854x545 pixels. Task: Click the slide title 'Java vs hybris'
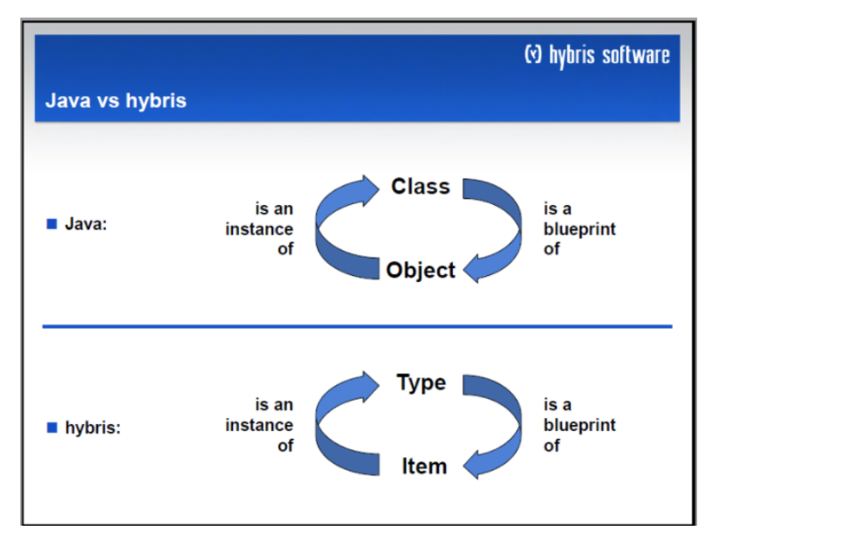[x=116, y=101]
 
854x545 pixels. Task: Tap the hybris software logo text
[x=609, y=56]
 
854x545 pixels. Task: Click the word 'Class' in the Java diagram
[x=420, y=187]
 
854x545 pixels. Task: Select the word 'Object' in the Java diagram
[x=420, y=271]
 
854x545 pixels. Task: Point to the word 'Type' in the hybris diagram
[x=421, y=383]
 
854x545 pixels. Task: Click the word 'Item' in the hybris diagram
[x=424, y=467]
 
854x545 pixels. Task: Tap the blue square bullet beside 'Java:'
[x=52, y=224]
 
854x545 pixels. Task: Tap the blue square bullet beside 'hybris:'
[x=52, y=428]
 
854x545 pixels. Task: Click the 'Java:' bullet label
[x=86, y=224]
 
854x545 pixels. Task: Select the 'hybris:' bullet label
[x=93, y=428]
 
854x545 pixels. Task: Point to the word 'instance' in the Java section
[x=259, y=230]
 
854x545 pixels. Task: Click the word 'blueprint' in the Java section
[x=579, y=230]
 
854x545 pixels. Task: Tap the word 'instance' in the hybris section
[x=259, y=426]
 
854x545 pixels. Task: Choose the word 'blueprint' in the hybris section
[x=579, y=426]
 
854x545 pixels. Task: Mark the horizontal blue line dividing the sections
[x=357, y=327]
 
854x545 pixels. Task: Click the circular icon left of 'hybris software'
[x=533, y=55]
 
